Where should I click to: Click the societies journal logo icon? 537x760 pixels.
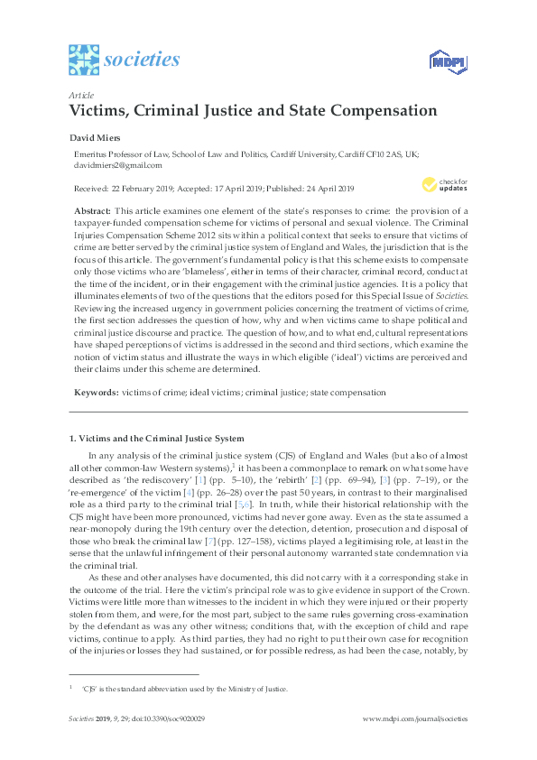[83, 60]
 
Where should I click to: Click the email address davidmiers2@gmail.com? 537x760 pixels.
[118, 165]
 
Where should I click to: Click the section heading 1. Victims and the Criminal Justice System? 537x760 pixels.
[157, 438]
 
